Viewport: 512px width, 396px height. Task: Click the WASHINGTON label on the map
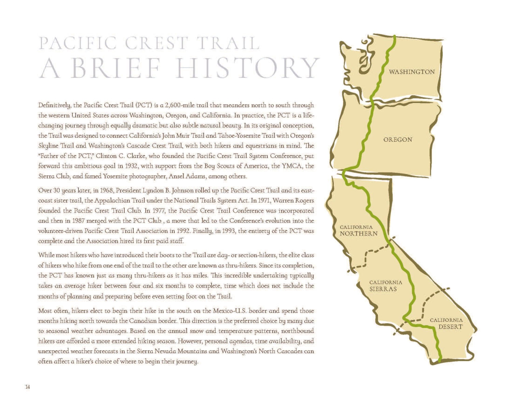(412, 72)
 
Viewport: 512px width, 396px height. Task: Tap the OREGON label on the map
(398, 139)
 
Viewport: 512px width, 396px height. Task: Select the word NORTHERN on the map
(358, 234)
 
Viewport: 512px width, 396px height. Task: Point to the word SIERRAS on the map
(383, 289)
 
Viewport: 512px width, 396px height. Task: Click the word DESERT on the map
(450, 327)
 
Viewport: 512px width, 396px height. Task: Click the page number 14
(27, 387)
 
